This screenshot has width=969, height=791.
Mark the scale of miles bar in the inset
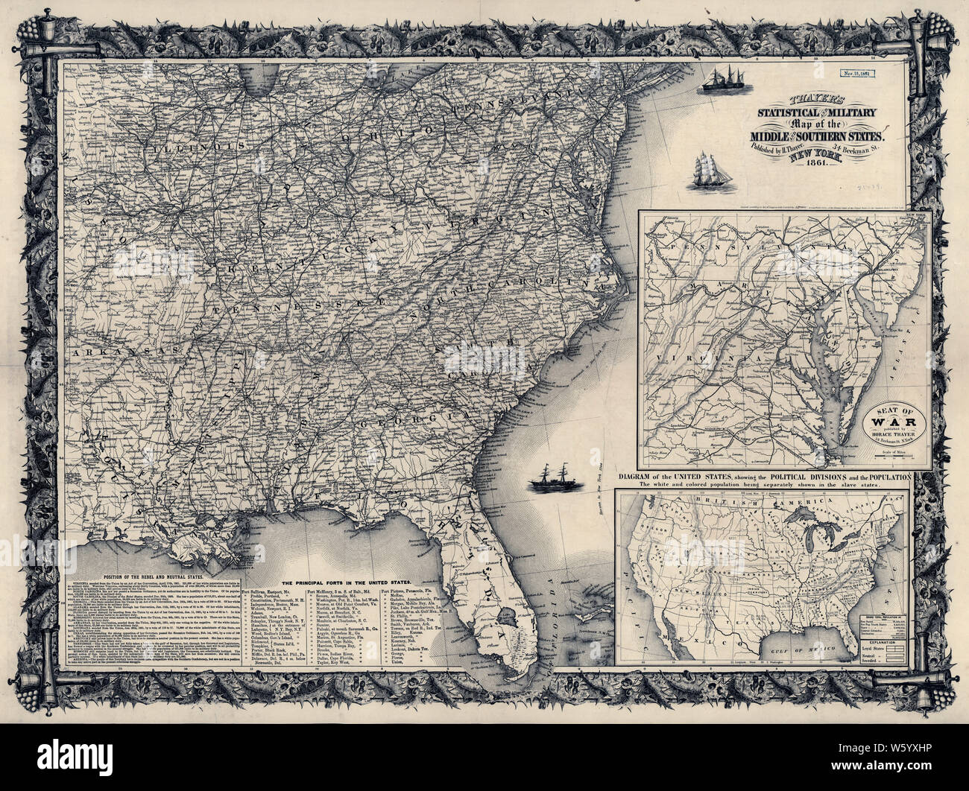(894, 456)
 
